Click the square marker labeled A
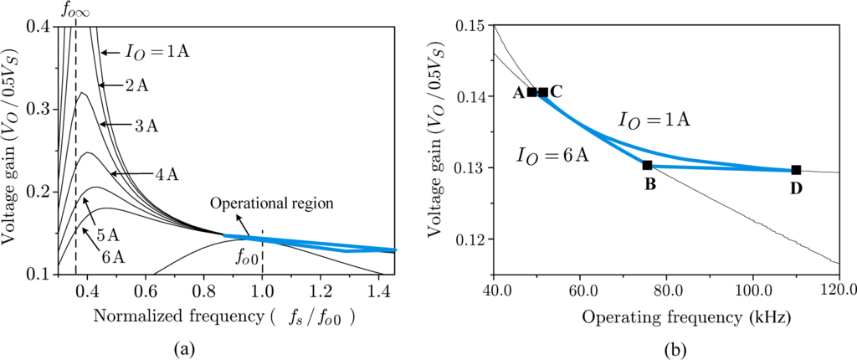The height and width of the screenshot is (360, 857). pyautogui.click(x=532, y=92)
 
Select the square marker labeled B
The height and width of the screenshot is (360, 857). pyautogui.click(x=647, y=165)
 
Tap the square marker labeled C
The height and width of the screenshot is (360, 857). pyautogui.click(x=543, y=92)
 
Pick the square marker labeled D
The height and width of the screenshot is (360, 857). pyautogui.click(x=796, y=170)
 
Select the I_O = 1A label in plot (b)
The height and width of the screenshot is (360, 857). pyautogui.click(x=654, y=121)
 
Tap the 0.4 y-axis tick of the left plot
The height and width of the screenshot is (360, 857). pyautogui.click(x=36, y=27)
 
